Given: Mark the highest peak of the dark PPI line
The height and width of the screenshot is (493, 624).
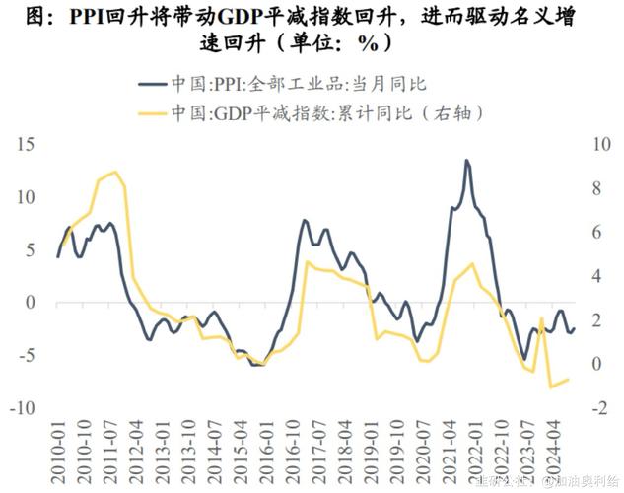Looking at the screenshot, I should [466, 160].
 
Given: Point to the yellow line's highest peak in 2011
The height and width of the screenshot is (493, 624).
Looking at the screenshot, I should [115, 173].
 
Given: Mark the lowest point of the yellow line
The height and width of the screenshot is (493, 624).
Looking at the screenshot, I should [550, 387].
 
